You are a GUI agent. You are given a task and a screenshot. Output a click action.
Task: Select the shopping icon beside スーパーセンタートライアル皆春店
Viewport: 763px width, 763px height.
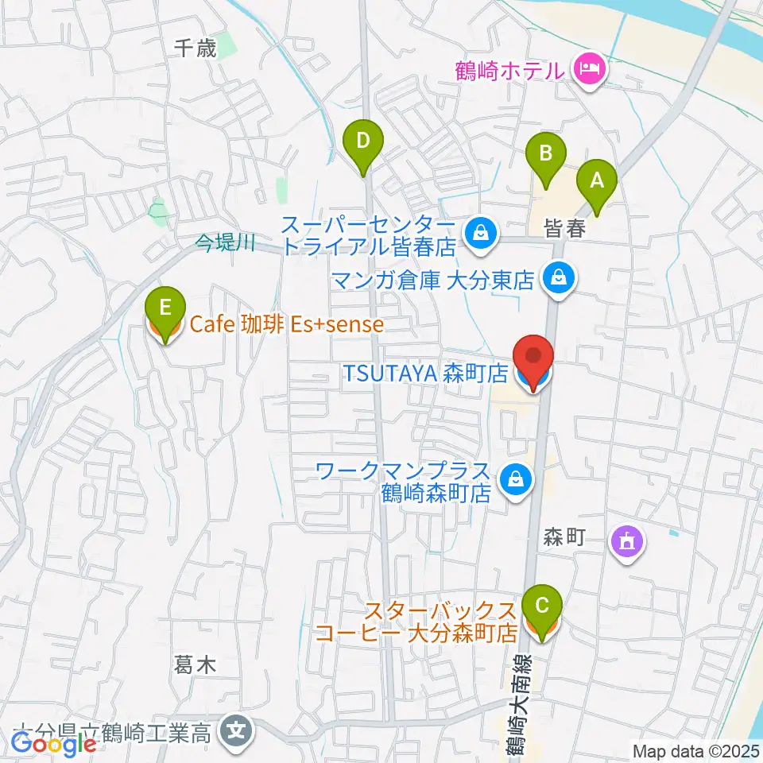point(481,234)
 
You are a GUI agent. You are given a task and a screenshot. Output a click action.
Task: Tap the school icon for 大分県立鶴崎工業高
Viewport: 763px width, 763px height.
point(236,726)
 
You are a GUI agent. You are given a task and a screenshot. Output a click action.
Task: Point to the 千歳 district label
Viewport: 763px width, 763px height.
point(195,49)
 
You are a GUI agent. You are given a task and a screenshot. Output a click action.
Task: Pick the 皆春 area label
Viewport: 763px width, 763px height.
point(565,230)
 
